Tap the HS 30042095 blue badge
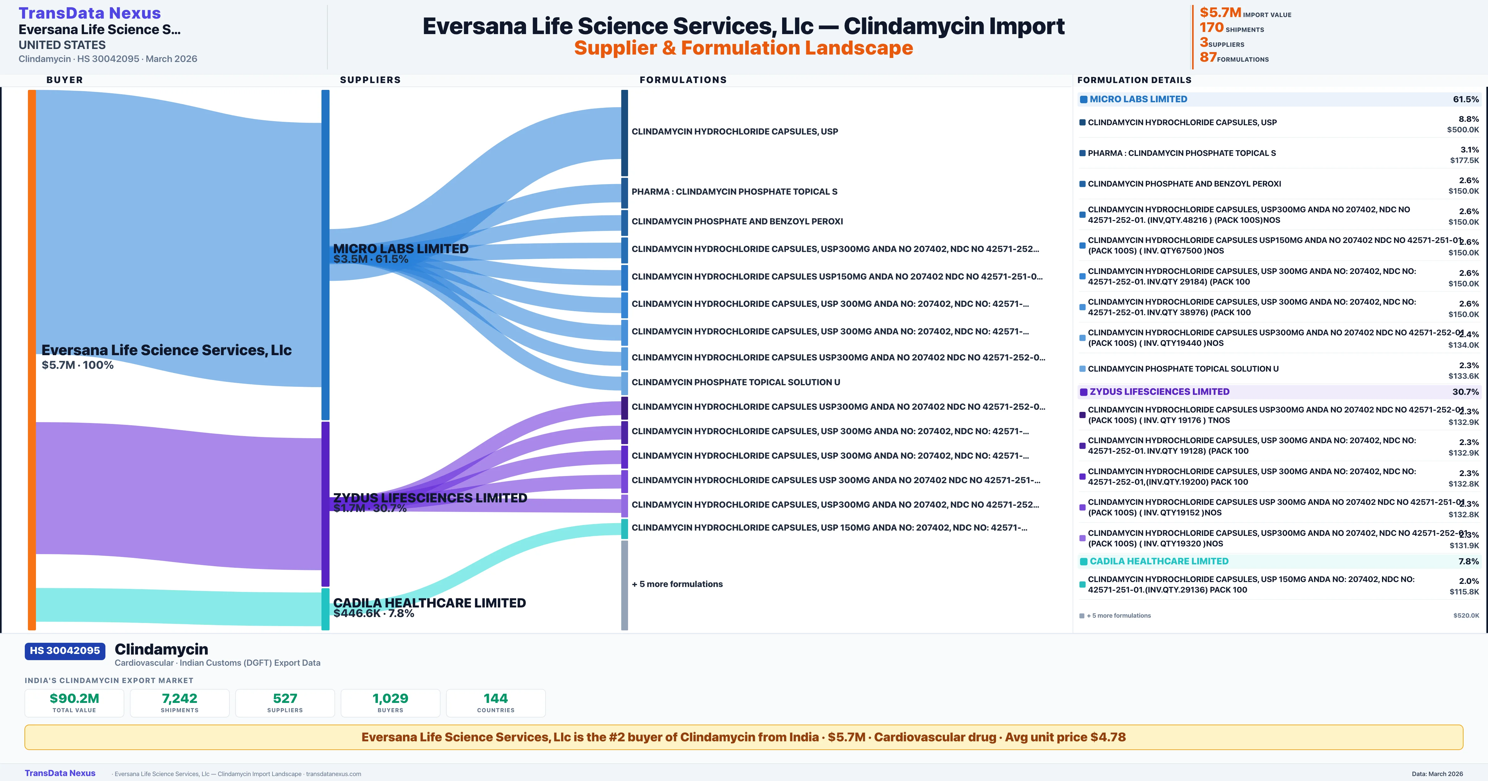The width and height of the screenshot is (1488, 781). click(x=65, y=651)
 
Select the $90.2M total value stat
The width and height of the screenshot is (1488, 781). click(x=74, y=698)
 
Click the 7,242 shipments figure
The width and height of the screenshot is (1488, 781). click(x=180, y=698)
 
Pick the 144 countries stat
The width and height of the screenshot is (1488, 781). click(x=496, y=698)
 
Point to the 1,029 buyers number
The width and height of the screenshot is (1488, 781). click(x=391, y=698)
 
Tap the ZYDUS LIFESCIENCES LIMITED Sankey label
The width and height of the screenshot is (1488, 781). click(x=430, y=498)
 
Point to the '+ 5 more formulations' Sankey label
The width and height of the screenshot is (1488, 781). click(x=677, y=584)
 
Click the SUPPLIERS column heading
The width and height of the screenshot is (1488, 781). click(x=370, y=80)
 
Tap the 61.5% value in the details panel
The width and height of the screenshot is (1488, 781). click(x=1465, y=99)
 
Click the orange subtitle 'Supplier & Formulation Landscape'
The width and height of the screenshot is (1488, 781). click(x=743, y=48)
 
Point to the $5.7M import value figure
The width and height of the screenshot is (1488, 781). click(x=1220, y=13)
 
